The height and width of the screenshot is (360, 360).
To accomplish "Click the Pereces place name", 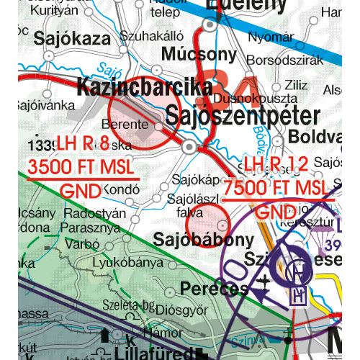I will click(x=215, y=289).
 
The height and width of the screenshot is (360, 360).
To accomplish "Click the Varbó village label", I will click(x=83, y=244).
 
